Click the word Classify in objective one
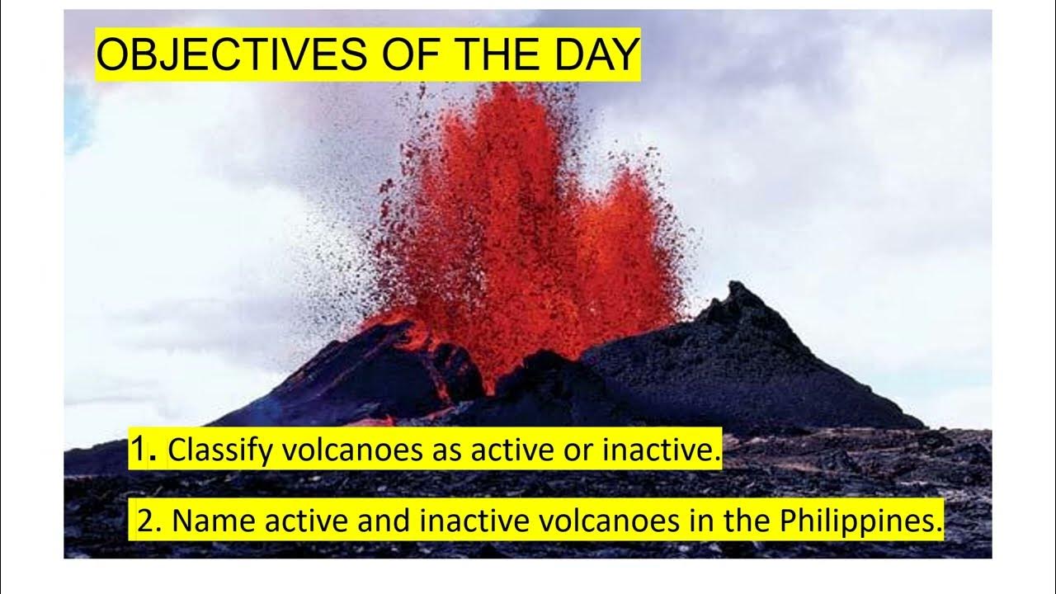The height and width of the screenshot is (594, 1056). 218,450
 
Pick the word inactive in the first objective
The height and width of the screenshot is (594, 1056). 667,450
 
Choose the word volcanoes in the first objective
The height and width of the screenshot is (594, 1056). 349,450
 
